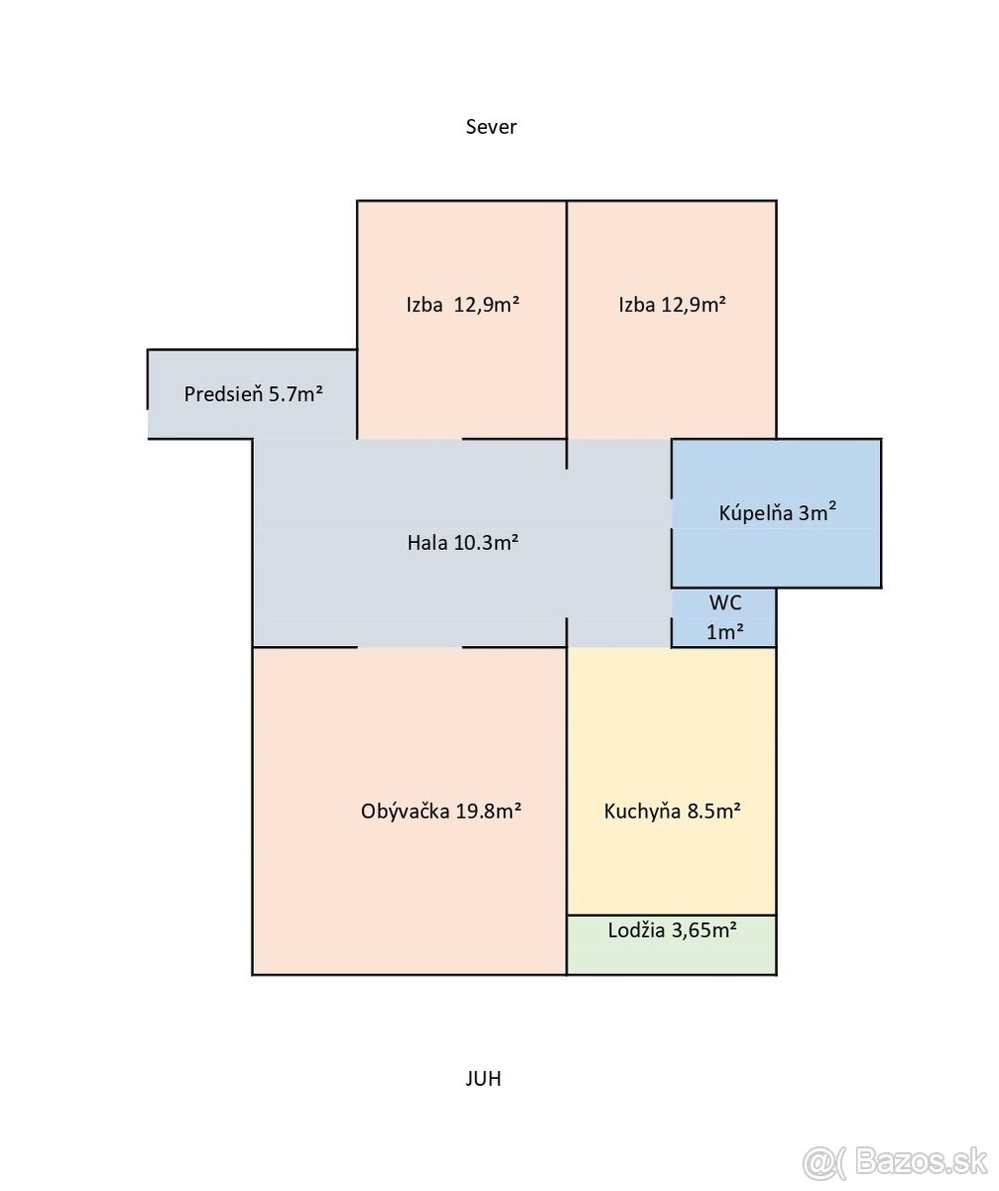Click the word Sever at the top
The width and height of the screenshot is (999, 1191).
tap(490, 127)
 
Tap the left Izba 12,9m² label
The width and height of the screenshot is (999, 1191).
tap(462, 305)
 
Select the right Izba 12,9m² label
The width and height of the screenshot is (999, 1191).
tap(672, 305)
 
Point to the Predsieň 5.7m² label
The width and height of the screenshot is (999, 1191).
tap(253, 394)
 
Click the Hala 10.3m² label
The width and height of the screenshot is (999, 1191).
tap(462, 543)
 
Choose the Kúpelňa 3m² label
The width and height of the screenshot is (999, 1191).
tap(777, 513)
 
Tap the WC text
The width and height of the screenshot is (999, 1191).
tap(725, 602)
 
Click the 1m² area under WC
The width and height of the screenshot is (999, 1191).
tap(725, 632)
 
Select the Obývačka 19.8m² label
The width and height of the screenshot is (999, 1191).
tap(440, 811)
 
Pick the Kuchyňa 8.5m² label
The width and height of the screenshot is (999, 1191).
tap(672, 811)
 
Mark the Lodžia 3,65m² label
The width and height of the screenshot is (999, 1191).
tap(672, 930)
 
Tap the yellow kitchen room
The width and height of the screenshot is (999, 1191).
tap(672, 781)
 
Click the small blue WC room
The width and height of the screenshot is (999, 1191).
tap(723, 617)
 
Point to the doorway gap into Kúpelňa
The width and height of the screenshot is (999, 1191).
tap(672, 514)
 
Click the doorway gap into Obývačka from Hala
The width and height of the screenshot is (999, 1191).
tap(410, 647)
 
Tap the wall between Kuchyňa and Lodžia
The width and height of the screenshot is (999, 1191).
tap(672, 916)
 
